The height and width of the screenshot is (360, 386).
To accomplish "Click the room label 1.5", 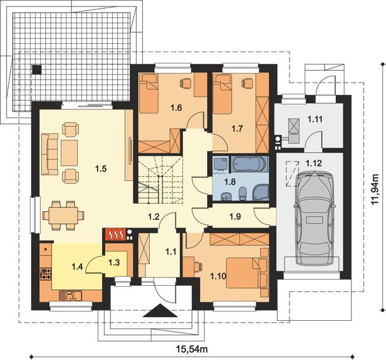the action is (101, 169).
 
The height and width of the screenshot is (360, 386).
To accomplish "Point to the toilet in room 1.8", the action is (242, 194).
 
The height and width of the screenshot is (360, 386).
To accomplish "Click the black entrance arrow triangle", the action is (160, 310).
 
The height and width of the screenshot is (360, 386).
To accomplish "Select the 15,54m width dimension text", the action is (192, 349).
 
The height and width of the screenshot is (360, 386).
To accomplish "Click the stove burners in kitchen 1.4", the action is (46, 274).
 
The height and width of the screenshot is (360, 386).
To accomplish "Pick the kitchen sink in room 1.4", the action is (70, 296).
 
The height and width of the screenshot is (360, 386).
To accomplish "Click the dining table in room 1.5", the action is (63, 215).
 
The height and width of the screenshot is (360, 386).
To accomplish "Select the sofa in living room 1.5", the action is (50, 154).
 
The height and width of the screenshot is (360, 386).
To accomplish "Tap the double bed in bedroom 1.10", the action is (247, 273).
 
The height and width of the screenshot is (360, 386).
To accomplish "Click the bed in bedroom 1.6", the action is (148, 94).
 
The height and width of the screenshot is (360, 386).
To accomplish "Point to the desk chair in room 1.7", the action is (246, 83).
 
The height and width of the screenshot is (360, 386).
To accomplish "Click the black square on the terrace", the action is (36, 70).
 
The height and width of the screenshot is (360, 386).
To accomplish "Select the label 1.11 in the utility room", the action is (315, 119).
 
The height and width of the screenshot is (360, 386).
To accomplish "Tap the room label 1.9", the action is (235, 217).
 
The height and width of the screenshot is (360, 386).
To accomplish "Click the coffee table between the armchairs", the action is (69, 153).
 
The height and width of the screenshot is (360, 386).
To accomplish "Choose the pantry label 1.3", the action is (114, 262).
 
